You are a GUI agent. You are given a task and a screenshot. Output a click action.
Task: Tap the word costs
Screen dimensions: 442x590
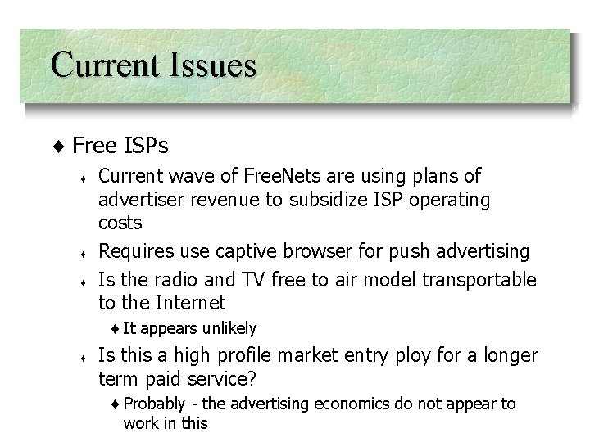120,223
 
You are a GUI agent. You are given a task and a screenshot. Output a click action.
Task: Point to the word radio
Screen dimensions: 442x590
176,279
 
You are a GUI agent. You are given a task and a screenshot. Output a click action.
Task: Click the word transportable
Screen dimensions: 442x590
479,279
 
